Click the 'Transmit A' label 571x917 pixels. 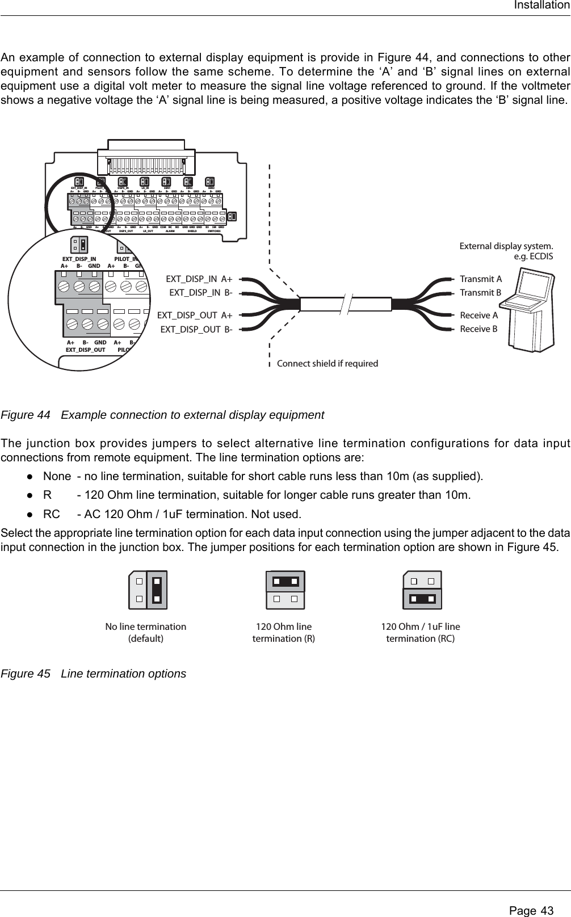click(x=481, y=279)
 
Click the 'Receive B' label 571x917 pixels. click(x=478, y=329)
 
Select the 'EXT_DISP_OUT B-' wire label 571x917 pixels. click(x=196, y=329)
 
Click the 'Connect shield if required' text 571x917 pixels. click(x=327, y=363)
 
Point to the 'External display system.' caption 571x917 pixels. click(x=505, y=246)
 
